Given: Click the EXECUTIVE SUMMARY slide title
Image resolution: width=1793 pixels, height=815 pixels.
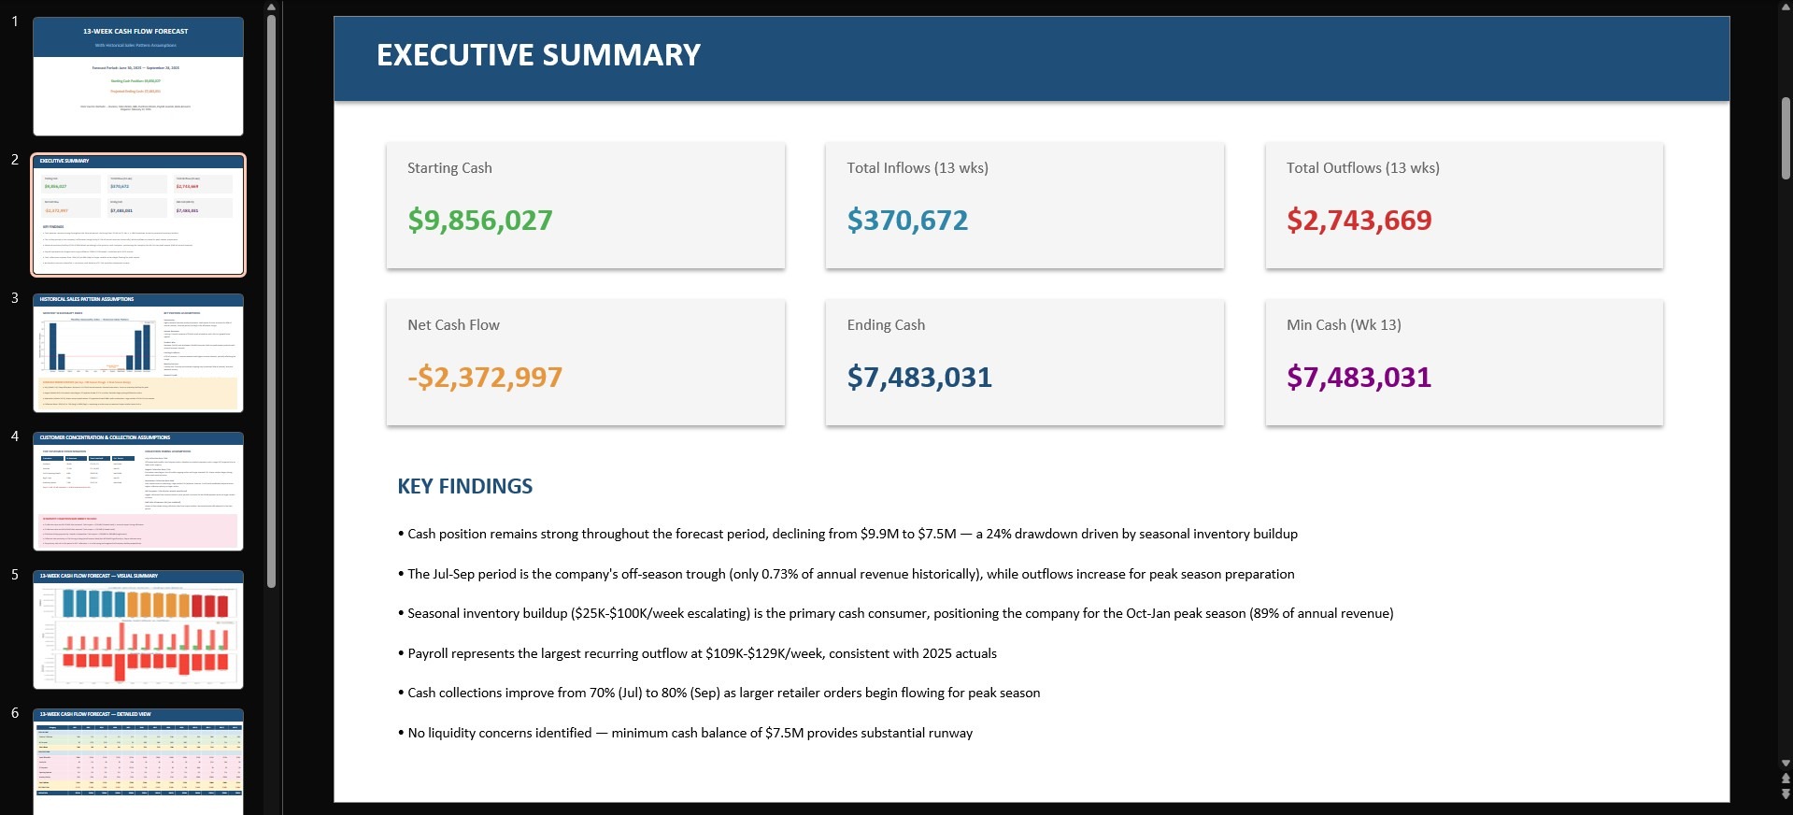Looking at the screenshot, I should pyautogui.click(x=538, y=55).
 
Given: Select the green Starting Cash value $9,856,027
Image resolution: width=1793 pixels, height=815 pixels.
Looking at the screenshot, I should pyautogui.click(x=479, y=221).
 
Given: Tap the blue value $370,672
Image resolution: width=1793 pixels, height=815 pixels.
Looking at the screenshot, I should pyautogui.click(x=907, y=221).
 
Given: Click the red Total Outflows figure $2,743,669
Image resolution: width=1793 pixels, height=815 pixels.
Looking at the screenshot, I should pyautogui.click(x=1359, y=221).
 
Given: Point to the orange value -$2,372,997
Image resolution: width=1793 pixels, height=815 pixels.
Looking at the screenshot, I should pyautogui.click(x=484, y=378).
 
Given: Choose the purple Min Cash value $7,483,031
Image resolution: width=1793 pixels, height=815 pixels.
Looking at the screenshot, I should pyautogui.click(x=1359, y=378).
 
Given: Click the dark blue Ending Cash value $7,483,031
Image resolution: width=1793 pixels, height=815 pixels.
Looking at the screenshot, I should pyautogui.click(x=919, y=378).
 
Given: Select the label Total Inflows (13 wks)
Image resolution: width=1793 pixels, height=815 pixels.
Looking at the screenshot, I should pyautogui.click(x=917, y=168).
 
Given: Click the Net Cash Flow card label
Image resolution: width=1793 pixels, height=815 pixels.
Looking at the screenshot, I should pyautogui.click(x=453, y=325).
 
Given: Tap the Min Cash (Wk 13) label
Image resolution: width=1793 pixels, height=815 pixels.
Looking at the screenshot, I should pyautogui.click(x=1343, y=325).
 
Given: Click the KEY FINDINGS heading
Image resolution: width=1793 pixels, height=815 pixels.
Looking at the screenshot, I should pyautogui.click(x=464, y=486).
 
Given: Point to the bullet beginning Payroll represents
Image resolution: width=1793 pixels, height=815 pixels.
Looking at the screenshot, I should pyautogui.click(x=701, y=653).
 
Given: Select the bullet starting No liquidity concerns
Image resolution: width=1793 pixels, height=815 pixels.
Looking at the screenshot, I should pyautogui.click(x=689, y=733).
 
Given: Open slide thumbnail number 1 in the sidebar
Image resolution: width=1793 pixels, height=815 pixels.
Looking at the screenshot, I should pyautogui.click(x=138, y=77).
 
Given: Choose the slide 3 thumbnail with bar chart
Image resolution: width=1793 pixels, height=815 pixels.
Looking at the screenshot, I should pyautogui.click(x=138, y=353).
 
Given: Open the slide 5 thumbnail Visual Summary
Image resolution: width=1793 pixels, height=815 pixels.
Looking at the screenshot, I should pyautogui.click(x=138, y=630).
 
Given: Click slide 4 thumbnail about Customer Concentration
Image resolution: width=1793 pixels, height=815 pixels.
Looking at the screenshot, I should pyautogui.click(x=138, y=492).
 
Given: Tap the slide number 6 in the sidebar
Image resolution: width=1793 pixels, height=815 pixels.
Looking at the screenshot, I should pyautogui.click(x=15, y=713).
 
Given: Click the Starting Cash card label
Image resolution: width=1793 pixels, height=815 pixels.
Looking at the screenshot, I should pyautogui.click(x=449, y=168).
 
